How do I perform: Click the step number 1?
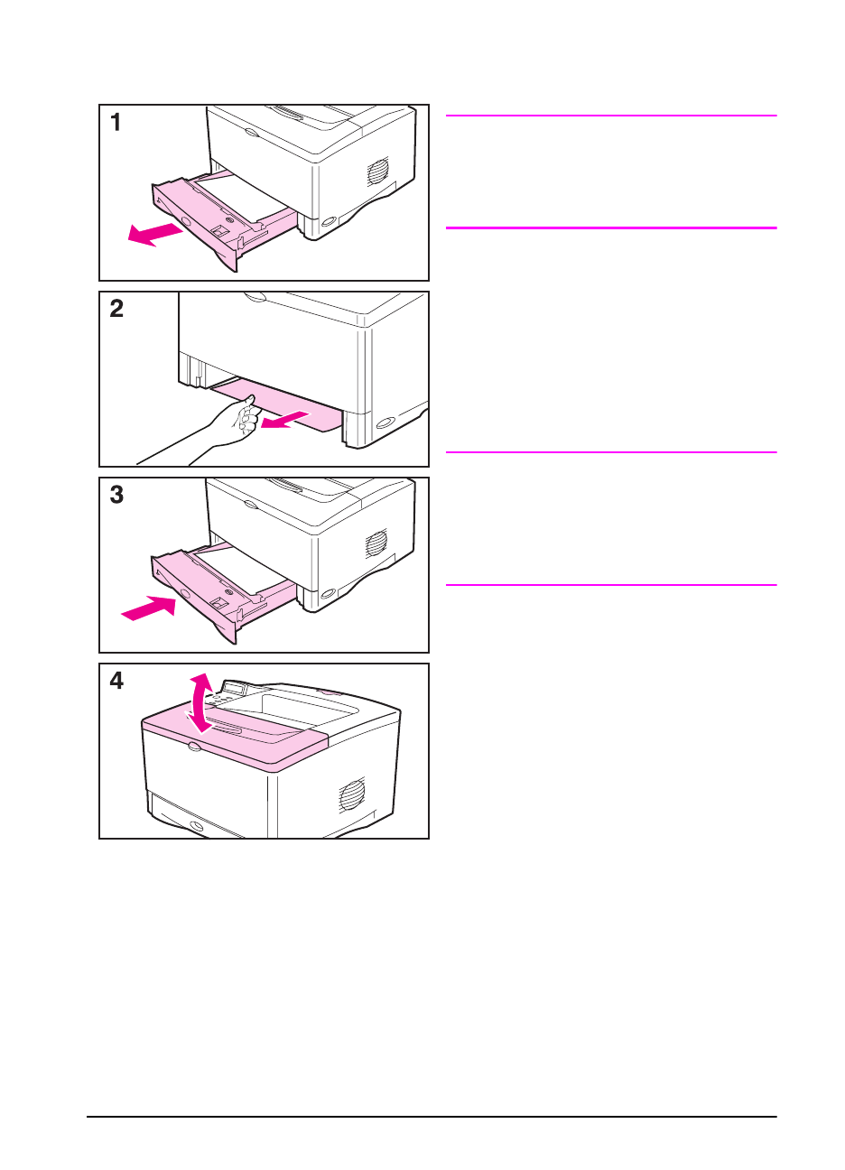click(116, 122)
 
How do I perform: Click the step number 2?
click(116, 308)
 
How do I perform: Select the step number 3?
click(116, 494)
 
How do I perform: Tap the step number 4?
click(116, 680)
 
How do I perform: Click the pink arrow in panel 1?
click(155, 234)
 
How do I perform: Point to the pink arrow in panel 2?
click(284, 420)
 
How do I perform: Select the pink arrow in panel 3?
click(149, 608)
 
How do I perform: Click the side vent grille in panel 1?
click(377, 171)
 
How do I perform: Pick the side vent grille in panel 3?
click(376, 543)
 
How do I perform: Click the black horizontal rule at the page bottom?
click(432, 1117)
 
